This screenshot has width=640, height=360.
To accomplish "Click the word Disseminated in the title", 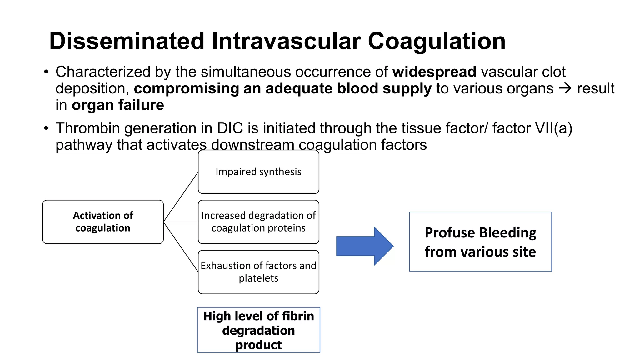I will tap(127, 41).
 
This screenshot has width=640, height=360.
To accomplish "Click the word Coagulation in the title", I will tap(437, 41).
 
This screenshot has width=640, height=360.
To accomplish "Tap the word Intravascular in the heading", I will tap(286, 41).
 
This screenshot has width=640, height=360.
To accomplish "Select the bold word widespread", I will tap(434, 72).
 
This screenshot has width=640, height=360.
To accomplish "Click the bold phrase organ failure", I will tap(118, 105).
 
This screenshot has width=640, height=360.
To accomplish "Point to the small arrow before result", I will tap(565, 88).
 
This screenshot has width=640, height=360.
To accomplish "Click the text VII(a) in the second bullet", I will tap(553, 128).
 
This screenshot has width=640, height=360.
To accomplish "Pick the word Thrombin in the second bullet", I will tap(88, 128).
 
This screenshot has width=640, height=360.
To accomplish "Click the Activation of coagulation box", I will tap(103, 222).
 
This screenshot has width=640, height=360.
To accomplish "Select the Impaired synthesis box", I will tap(258, 172).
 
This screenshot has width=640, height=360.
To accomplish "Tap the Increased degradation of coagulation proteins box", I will tap(258, 222).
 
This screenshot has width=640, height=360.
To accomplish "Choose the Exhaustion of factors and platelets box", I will tap(258, 272).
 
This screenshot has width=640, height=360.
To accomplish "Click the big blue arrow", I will tap(364, 246).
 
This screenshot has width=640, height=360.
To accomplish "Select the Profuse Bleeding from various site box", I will tap(480, 242).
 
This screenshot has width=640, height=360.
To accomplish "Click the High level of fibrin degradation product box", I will tap(258, 330).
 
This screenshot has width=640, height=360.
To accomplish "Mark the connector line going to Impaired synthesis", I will tap(181, 197).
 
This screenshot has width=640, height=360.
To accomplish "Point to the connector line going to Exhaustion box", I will tap(181, 247).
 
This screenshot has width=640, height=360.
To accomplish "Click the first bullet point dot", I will tap(46, 72).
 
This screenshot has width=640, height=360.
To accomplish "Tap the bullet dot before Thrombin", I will tap(46, 128).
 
